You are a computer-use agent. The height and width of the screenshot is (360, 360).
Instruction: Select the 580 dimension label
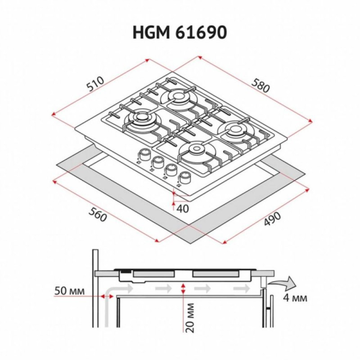(260, 86)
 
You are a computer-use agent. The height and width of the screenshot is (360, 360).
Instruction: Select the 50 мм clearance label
(70, 291)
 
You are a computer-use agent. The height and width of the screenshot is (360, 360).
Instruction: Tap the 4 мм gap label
(295, 298)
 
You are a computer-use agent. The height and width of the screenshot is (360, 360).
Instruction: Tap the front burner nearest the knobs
(196, 149)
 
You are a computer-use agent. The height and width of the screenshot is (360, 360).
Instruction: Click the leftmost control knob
(145, 155)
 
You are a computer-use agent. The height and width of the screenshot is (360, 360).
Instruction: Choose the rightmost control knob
(185, 177)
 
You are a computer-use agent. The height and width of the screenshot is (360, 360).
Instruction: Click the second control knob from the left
(158, 162)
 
